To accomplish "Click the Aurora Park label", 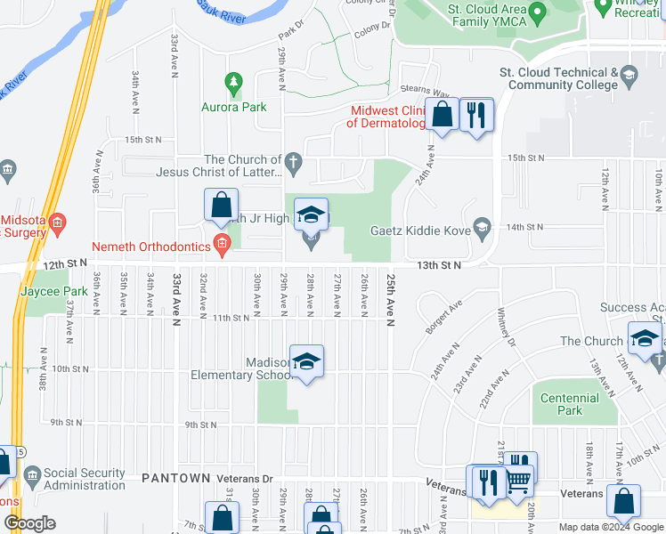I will pyautogui.click(x=234, y=107).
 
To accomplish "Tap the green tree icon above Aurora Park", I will pyautogui.click(x=234, y=85).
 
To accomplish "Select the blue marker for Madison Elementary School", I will pyautogui.click(x=306, y=362).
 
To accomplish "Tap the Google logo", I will pyautogui.click(x=29, y=523).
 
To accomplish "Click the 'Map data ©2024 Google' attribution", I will pyautogui.click(x=611, y=527).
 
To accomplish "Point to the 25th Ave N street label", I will pyautogui.click(x=390, y=299).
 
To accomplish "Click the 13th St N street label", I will pyautogui.click(x=440, y=265).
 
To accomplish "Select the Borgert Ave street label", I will pyautogui.click(x=443, y=317).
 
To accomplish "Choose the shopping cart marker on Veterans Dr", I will pyautogui.click(x=517, y=481).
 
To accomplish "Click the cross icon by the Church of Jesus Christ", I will pyautogui.click(x=295, y=163).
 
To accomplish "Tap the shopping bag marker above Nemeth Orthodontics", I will pyautogui.click(x=221, y=205).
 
